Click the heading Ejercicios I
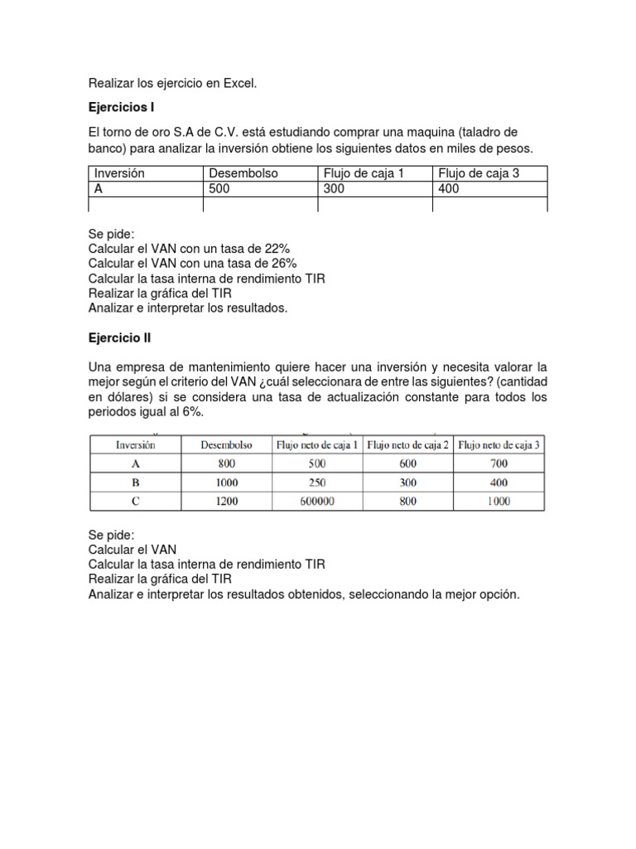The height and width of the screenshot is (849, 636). click(121, 108)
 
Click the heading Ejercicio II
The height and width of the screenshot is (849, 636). click(119, 338)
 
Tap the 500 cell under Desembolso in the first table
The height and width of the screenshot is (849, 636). click(219, 189)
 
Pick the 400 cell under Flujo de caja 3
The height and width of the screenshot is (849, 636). click(450, 189)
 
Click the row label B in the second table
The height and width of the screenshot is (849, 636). click(135, 483)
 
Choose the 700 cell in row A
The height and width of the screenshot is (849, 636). click(498, 463)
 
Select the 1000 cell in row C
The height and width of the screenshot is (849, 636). click(498, 501)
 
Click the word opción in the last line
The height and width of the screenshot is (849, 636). click(499, 594)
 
